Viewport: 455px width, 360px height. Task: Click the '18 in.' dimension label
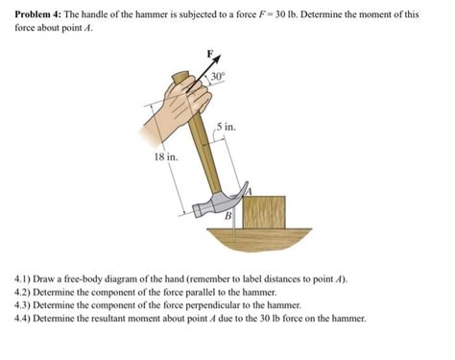click(165, 156)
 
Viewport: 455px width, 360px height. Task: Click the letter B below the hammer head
click(228, 218)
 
